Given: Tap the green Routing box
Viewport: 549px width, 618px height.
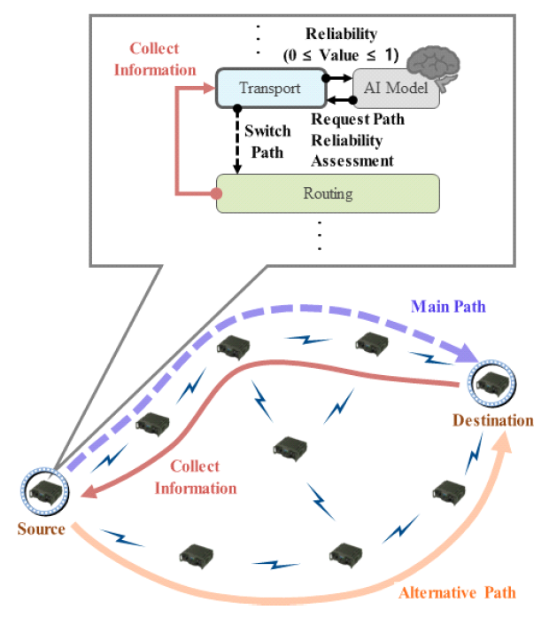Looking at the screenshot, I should click(329, 192).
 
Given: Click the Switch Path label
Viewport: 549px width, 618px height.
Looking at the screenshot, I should click(267, 141).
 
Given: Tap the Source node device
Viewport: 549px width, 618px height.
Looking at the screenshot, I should click(41, 489).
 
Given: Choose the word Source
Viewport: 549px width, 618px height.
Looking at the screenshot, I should click(41, 529).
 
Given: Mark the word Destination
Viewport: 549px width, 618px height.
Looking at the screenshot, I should click(493, 419).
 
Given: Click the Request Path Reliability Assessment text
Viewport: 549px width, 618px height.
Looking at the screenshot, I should click(352, 141).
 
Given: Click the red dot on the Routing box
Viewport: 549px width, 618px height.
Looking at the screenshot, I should click(218, 192).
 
